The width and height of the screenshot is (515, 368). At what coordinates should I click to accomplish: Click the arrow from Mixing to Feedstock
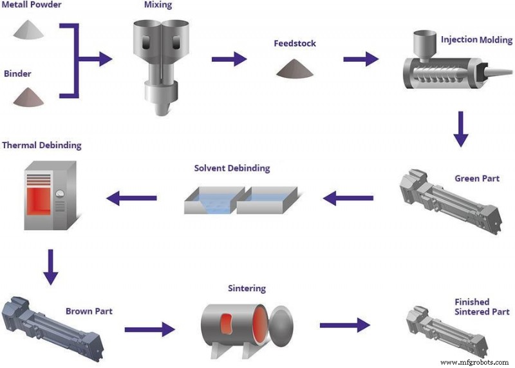229,59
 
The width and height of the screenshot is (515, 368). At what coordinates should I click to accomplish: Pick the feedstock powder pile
295,68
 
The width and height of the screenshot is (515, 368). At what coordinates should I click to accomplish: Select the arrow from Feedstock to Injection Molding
360,59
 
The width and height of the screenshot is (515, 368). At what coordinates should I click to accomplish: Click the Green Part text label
477,178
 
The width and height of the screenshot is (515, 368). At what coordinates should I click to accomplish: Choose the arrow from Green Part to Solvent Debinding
348,199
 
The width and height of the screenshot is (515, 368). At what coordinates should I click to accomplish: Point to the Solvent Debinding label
232,168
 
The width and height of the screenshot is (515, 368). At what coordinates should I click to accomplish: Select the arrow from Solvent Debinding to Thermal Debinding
131,199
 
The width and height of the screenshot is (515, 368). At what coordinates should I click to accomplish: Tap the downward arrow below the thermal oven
50,267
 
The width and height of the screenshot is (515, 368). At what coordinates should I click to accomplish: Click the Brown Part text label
89,311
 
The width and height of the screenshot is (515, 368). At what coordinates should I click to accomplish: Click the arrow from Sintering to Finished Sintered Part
345,325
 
